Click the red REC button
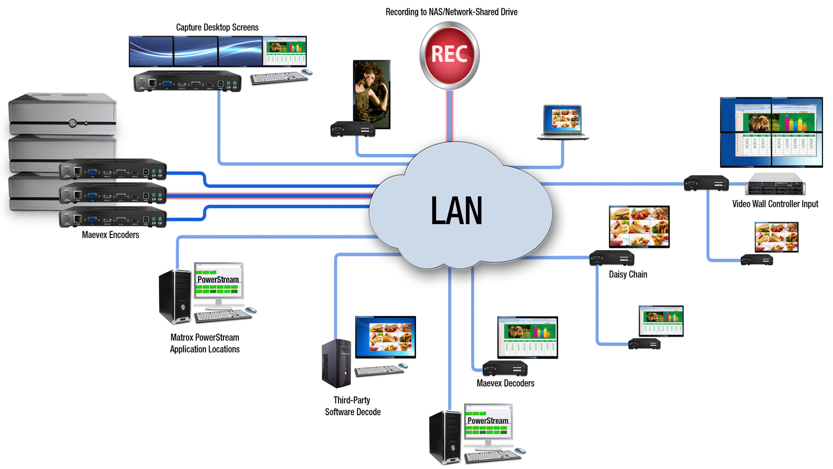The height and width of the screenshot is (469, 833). (449, 55)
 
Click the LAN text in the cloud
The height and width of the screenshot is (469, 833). (456, 211)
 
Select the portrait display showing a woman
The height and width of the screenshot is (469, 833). (372, 94)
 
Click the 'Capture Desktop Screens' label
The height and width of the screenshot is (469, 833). (217, 27)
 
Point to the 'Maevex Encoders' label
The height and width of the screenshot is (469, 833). (110, 235)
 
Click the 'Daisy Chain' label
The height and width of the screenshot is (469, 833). (628, 274)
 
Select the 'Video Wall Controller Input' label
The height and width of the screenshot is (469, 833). (775, 204)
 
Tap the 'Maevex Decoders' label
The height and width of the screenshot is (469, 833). (505, 383)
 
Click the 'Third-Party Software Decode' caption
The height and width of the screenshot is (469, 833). (352, 406)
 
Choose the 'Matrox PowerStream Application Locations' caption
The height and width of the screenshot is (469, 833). (205, 343)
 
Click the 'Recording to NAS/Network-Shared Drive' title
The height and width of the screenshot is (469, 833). (451, 12)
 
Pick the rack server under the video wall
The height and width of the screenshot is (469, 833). (775, 184)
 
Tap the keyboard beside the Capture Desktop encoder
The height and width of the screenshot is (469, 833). (279, 79)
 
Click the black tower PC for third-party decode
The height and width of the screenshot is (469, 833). (336, 363)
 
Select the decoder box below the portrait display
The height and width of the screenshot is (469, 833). (353, 129)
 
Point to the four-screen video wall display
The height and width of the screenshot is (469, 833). (771, 132)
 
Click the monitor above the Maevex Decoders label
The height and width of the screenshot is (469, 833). (527, 337)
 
